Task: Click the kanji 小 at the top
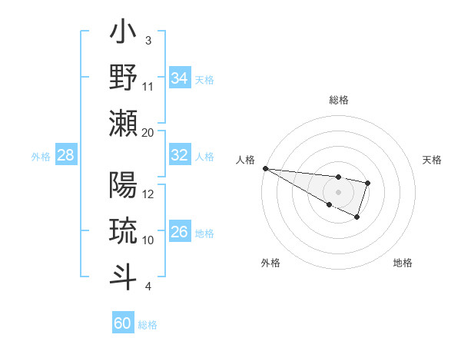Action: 124,35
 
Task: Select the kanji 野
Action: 124,79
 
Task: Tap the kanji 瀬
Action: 124,124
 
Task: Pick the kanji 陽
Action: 124,186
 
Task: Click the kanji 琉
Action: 124,231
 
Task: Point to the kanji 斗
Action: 124,276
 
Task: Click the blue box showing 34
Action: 180,78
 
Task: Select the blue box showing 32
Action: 180,155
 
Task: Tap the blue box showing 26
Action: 180,232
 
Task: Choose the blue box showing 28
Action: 66,155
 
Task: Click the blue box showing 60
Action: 123,323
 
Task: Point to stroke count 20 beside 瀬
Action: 148,132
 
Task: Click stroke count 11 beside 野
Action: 148,86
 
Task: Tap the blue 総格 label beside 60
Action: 148,325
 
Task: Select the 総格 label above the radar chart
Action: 338,100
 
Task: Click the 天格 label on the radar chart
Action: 432,160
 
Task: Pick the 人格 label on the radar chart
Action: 245,160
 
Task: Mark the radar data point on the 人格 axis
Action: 265,168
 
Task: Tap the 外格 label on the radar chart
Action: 270,263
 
